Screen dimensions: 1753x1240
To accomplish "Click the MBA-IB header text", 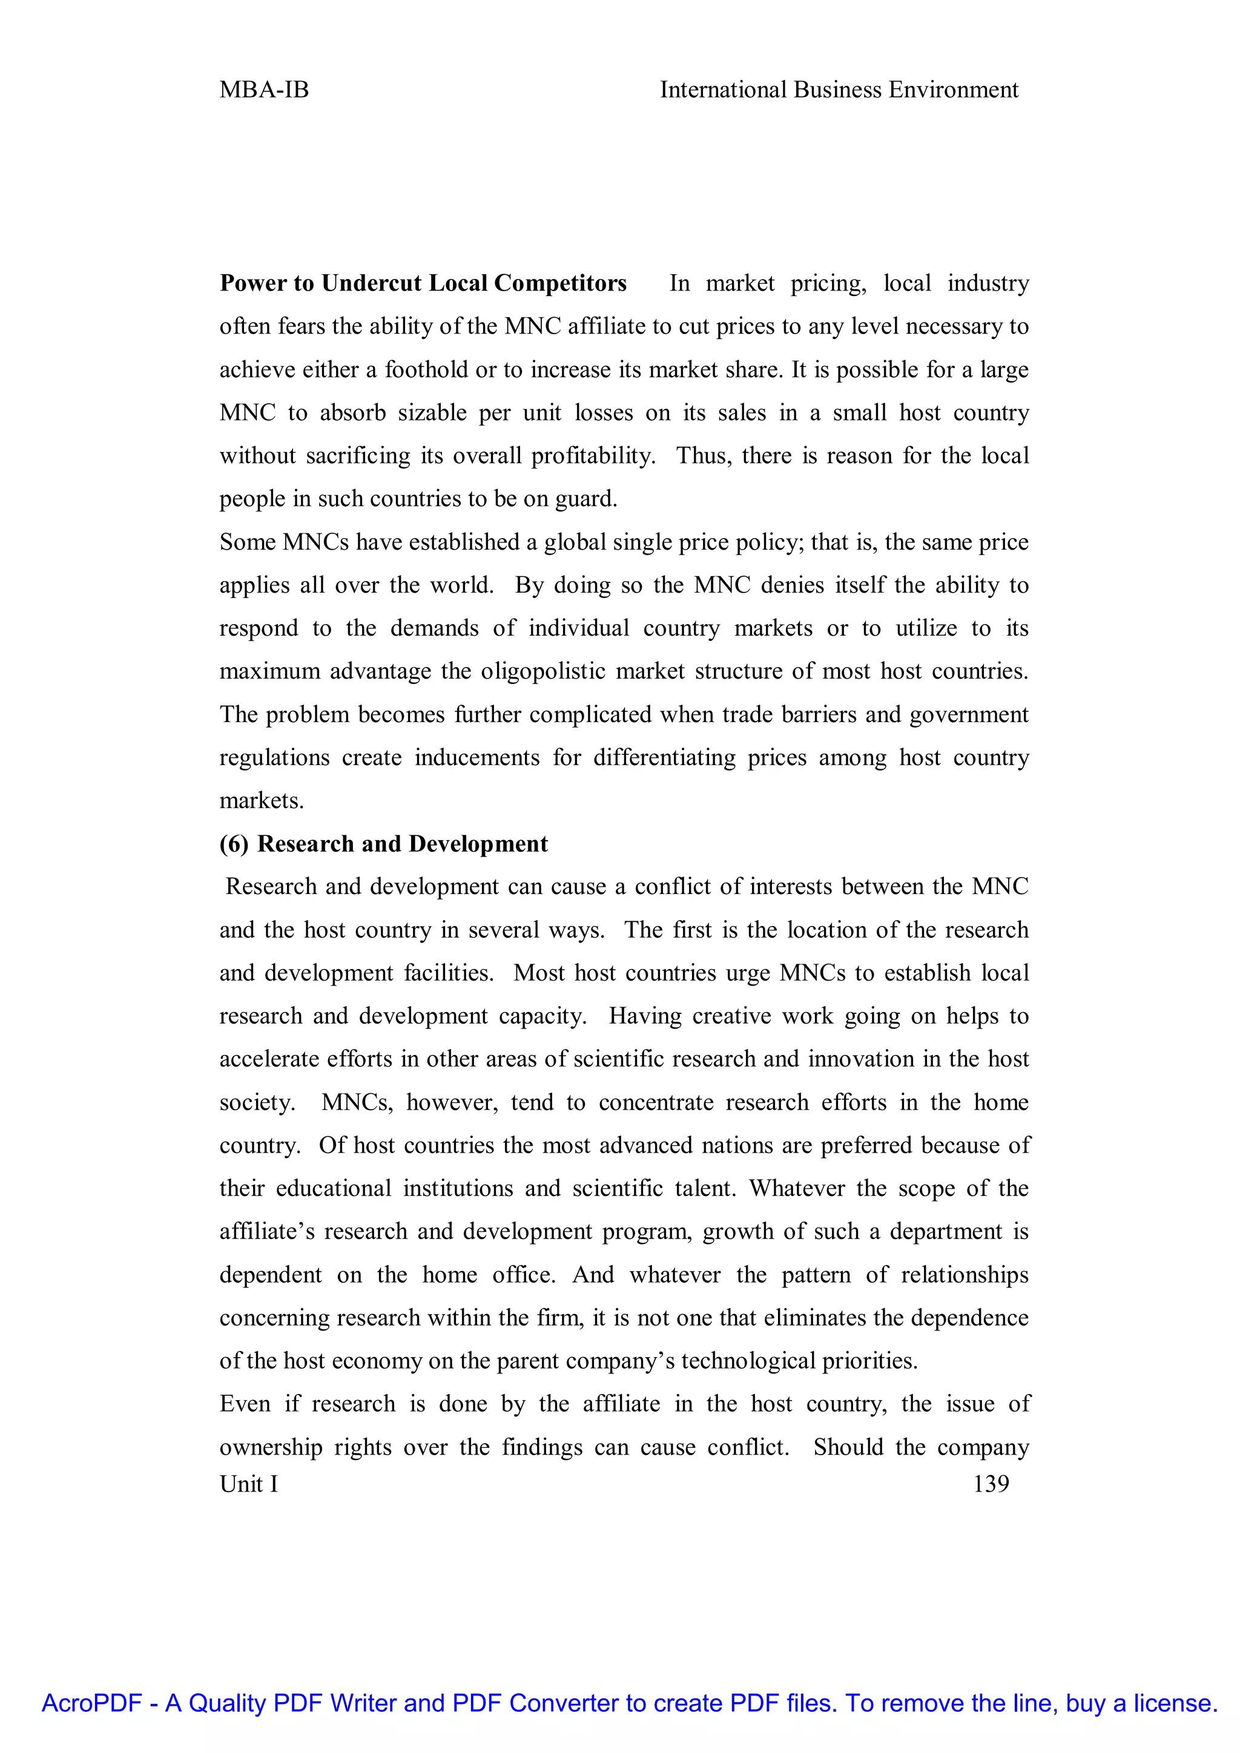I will [264, 90].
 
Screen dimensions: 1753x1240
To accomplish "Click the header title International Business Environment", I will [839, 90].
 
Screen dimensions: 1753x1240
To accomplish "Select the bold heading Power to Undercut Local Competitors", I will [423, 283].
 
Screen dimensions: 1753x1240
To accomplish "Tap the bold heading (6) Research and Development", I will [383, 844].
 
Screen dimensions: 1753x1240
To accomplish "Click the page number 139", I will [991, 1484].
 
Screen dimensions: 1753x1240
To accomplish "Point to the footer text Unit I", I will [249, 1484].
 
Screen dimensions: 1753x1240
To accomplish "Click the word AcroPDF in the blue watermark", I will [91, 1703].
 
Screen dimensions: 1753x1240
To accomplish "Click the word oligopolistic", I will [543, 671].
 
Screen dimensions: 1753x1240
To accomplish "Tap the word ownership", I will [270, 1447].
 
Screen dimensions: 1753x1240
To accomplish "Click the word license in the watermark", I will [1175, 1703].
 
